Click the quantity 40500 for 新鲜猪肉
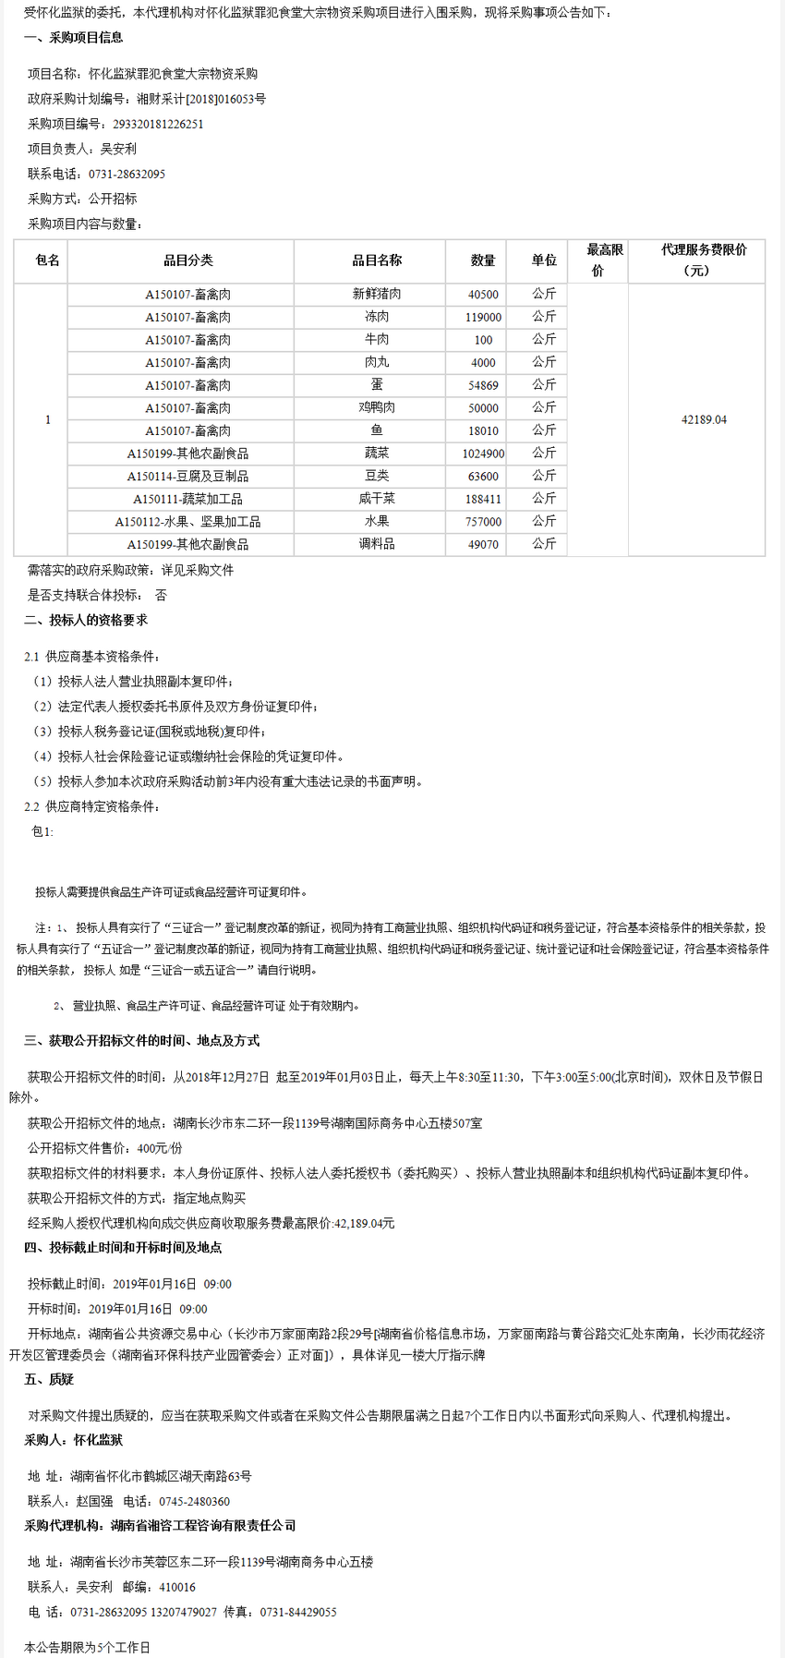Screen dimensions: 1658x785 (483, 295)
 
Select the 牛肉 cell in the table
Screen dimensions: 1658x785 (377, 340)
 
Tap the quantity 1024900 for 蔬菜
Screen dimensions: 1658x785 (483, 454)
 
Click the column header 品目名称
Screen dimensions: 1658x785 (377, 260)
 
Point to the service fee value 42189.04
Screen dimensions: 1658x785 (704, 420)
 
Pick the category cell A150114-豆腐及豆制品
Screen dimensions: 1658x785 (187, 477)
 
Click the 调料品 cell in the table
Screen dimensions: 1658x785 (377, 545)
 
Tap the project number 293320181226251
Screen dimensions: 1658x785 (158, 124)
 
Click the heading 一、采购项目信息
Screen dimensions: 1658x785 (73, 38)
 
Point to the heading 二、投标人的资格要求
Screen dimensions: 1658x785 (86, 621)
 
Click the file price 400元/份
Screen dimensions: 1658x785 (160, 1148)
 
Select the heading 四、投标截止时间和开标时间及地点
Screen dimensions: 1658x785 (123, 1248)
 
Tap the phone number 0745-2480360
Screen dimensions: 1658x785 (194, 1502)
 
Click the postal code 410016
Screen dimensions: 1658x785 (177, 1587)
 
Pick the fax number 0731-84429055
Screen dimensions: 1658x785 (298, 1612)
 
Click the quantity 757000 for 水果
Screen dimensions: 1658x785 (483, 522)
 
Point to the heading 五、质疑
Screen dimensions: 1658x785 (49, 1380)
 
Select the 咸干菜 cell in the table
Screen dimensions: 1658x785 (377, 499)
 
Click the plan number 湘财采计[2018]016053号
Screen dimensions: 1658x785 (201, 99)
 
